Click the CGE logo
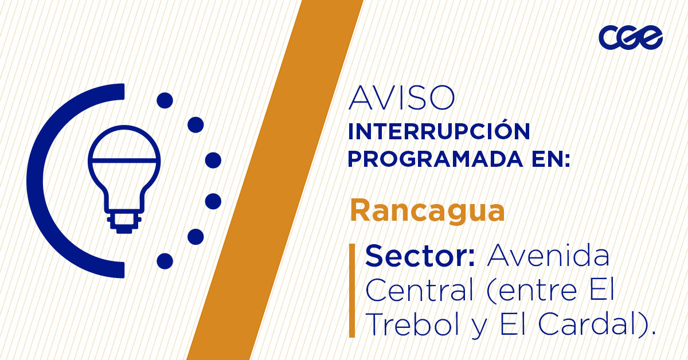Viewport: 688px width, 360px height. [x=630, y=37]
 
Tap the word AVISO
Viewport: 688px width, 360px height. [x=401, y=99]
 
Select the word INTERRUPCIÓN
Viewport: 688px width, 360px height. [x=439, y=131]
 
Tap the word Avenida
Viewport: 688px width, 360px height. [x=548, y=256]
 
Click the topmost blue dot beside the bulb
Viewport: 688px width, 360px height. [x=165, y=100]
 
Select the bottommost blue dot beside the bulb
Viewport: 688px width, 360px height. [x=165, y=261]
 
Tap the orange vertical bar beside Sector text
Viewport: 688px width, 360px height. [x=352, y=290]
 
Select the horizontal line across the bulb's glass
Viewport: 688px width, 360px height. [x=124, y=158]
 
